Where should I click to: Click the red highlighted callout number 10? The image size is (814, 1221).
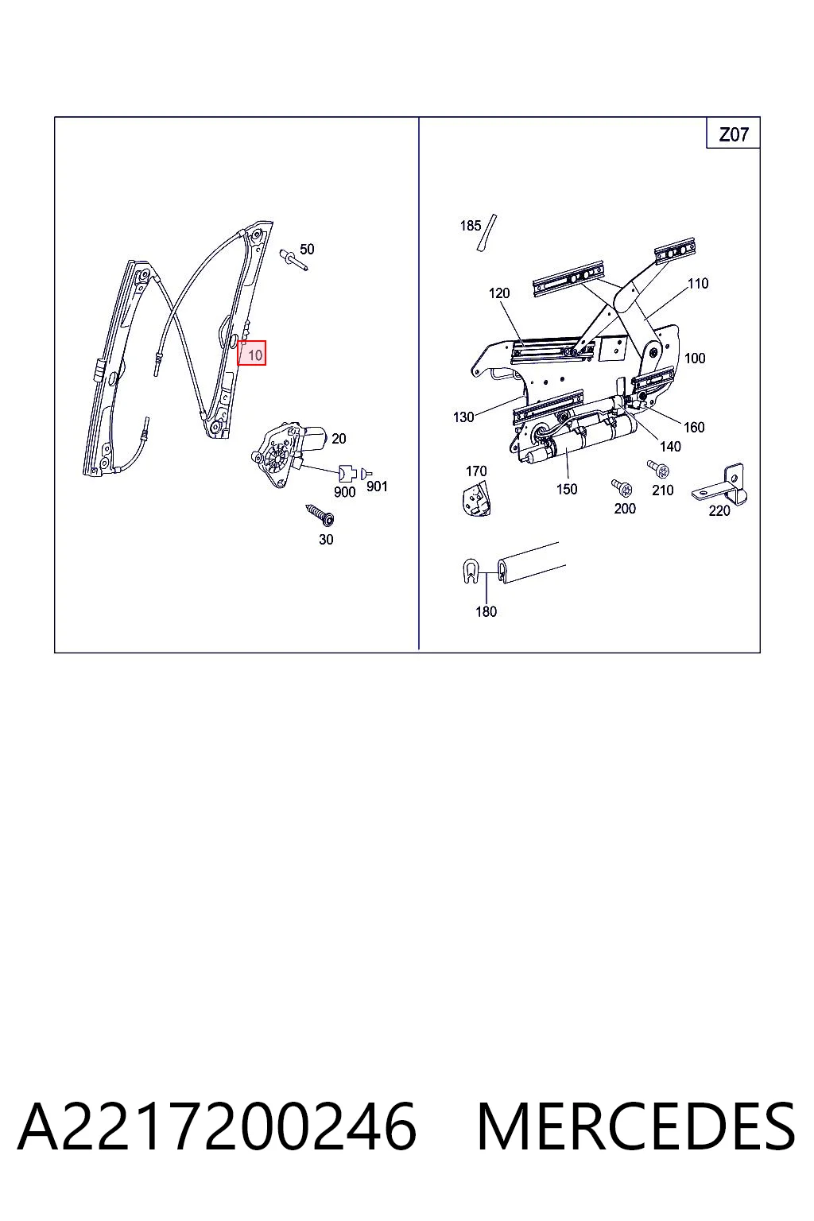251,353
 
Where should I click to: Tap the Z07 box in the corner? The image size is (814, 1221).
733,133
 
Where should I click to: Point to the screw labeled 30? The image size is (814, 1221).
320,515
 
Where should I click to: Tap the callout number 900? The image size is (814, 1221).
344,492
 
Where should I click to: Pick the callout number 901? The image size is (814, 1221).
377,486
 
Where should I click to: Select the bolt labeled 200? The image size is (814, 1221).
622,488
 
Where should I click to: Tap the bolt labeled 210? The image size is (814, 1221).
659,469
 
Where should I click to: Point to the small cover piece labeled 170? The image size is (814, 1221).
476,499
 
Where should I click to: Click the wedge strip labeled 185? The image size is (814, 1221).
486,233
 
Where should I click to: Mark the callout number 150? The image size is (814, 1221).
567,489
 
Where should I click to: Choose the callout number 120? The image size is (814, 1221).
499,293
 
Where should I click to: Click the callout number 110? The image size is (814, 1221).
698,284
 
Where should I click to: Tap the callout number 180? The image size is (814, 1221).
486,611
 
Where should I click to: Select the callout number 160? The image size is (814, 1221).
694,428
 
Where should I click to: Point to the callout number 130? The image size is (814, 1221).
463,417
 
